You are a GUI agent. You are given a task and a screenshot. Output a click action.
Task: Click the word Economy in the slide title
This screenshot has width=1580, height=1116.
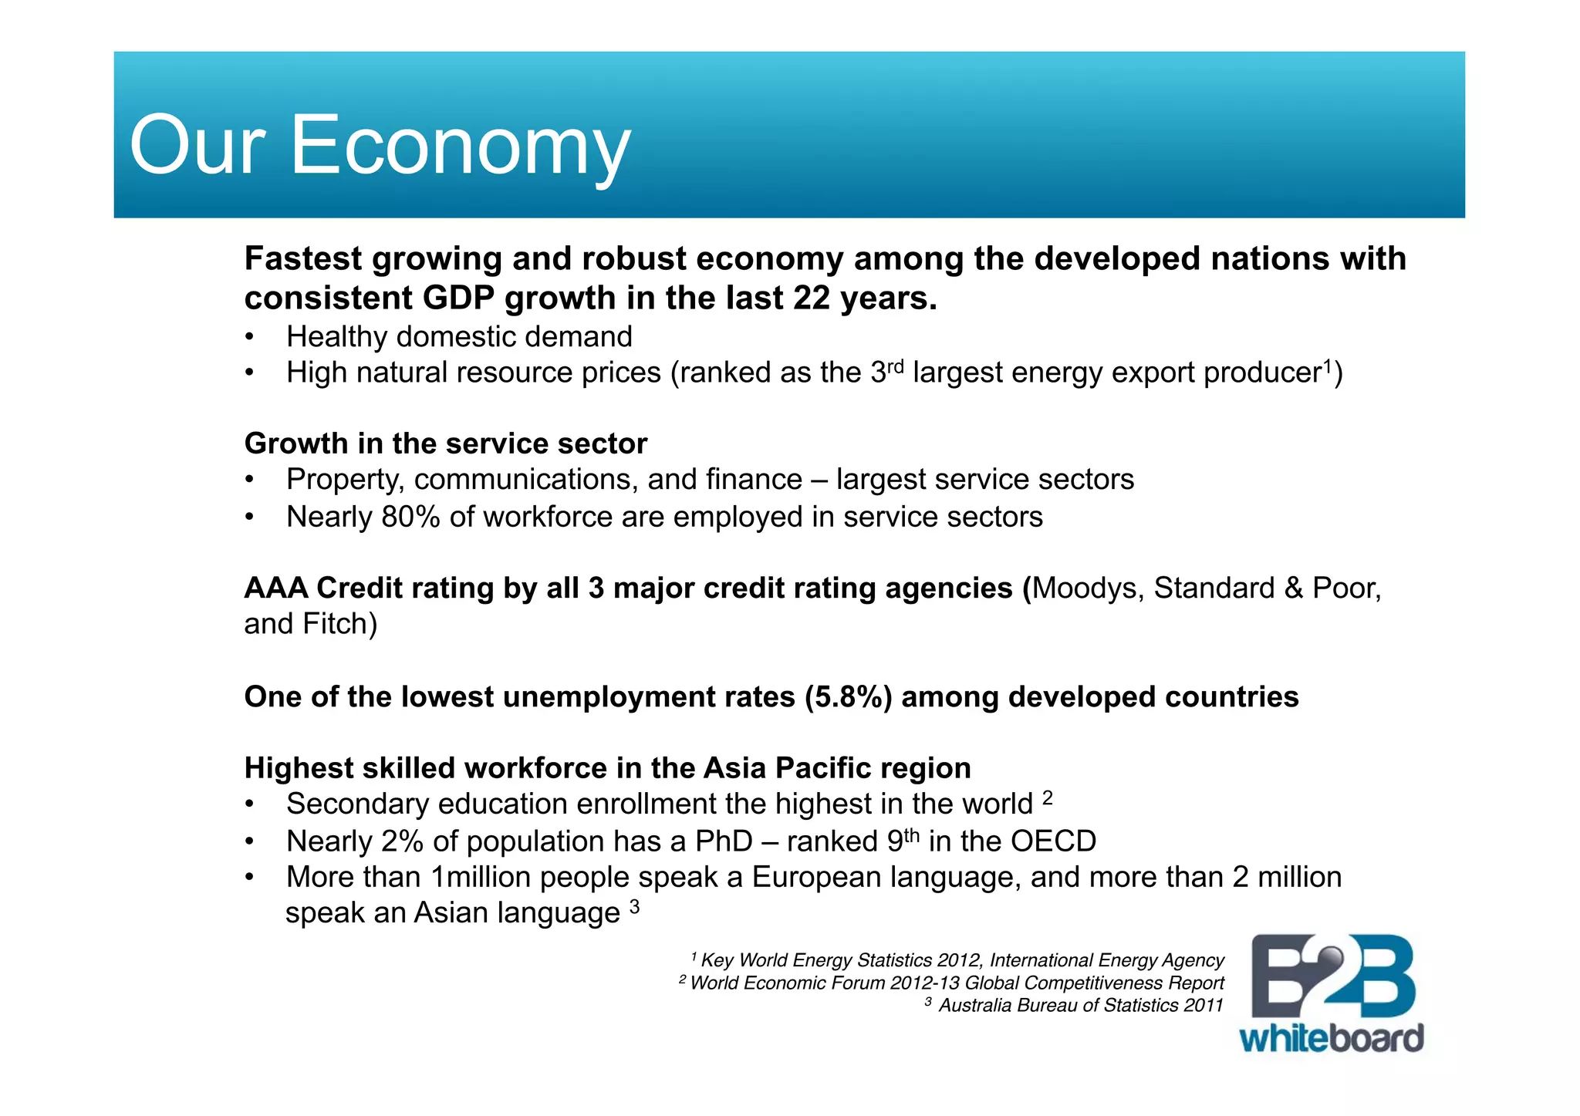(x=460, y=145)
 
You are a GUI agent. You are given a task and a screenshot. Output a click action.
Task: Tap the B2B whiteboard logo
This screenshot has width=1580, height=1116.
(x=1332, y=993)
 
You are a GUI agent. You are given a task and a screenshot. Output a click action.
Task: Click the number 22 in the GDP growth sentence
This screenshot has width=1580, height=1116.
(x=812, y=298)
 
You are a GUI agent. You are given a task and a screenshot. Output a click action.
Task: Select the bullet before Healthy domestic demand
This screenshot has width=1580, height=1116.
(x=249, y=338)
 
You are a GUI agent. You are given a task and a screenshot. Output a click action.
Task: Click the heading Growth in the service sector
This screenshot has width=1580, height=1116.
(x=445, y=443)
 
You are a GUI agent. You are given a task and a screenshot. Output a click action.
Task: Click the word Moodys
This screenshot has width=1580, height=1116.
(x=1086, y=588)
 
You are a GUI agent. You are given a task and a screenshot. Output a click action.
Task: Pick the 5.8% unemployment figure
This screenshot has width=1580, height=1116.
(x=849, y=697)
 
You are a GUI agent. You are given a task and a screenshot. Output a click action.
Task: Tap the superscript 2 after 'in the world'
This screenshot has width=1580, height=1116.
(x=1047, y=797)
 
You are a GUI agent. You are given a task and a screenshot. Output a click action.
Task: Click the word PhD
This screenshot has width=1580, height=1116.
(x=723, y=841)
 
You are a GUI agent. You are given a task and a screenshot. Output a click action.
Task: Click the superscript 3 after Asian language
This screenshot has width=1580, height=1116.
(x=634, y=907)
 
